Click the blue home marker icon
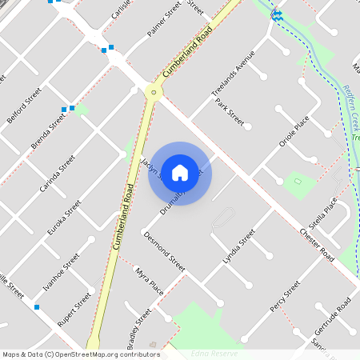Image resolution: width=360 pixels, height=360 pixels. pos(180,173)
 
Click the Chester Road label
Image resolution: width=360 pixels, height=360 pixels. pos(316,244)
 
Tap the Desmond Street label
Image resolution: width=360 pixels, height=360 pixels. pos(164,251)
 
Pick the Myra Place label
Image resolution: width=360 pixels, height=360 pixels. pos(149,282)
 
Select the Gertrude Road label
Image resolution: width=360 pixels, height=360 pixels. pos(333,315)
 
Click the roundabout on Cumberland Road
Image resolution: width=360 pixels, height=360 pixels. pos(152,93)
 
